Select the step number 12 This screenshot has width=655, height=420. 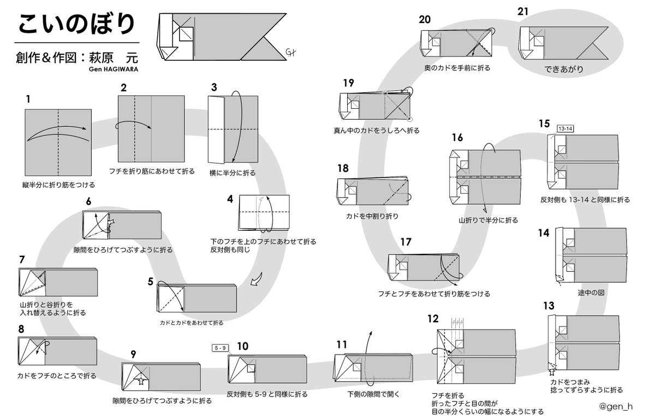click(x=432, y=319)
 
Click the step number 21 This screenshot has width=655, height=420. click(x=523, y=11)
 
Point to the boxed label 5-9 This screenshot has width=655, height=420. click(x=221, y=347)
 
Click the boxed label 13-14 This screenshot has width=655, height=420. click(x=565, y=128)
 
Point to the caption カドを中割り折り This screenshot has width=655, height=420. click(x=372, y=216)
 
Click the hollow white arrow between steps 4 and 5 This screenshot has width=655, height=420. click(x=255, y=281)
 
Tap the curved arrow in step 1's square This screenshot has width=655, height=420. click(x=57, y=131)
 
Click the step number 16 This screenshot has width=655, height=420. click(x=457, y=138)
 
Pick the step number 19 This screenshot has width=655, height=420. click(x=348, y=83)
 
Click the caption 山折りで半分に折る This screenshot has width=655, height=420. click(x=488, y=220)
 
